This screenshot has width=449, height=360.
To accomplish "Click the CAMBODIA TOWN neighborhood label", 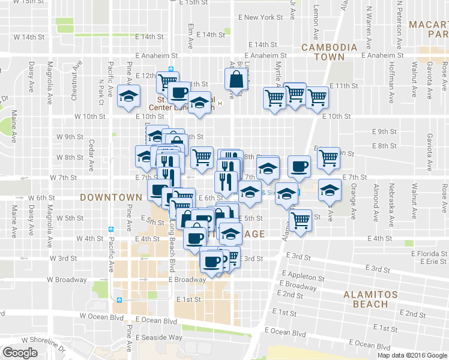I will click(323, 52).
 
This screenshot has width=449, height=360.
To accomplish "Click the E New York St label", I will click(261, 17).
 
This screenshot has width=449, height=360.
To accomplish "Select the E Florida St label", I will click(430, 253).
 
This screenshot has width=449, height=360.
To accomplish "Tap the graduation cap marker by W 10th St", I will click(128, 96).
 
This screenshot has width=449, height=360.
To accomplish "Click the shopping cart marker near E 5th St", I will click(300, 219).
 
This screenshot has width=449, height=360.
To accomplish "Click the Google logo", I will click(20, 353).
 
